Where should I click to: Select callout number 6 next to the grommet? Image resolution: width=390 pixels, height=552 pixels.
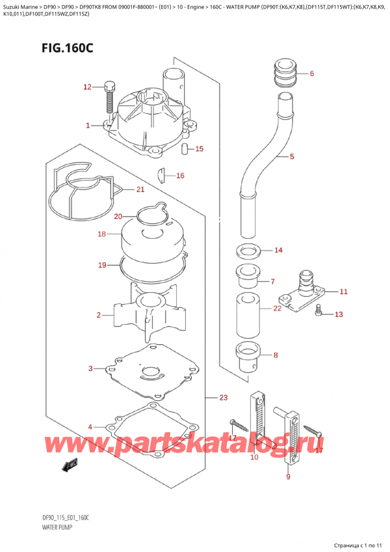pyautogui.click(x=311, y=74)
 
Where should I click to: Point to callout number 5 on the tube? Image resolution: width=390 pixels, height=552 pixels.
pyautogui.click(x=292, y=157)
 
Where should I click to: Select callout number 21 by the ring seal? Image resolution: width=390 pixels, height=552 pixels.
pyautogui.click(x=139, y=189)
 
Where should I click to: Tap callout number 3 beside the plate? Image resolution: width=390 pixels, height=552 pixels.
pyautogui.click(x=90, y=369)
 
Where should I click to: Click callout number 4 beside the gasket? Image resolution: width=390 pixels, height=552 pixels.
pyautogui.click(x=90, y=427)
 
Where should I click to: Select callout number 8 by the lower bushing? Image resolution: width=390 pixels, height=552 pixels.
pyautogui.click(x=275, y=355)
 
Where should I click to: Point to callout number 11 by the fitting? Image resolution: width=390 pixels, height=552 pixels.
pyautogui.click(x=343, y=291)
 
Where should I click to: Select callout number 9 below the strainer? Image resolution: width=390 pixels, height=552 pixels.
pyautogui.click(x=288, y=477)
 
